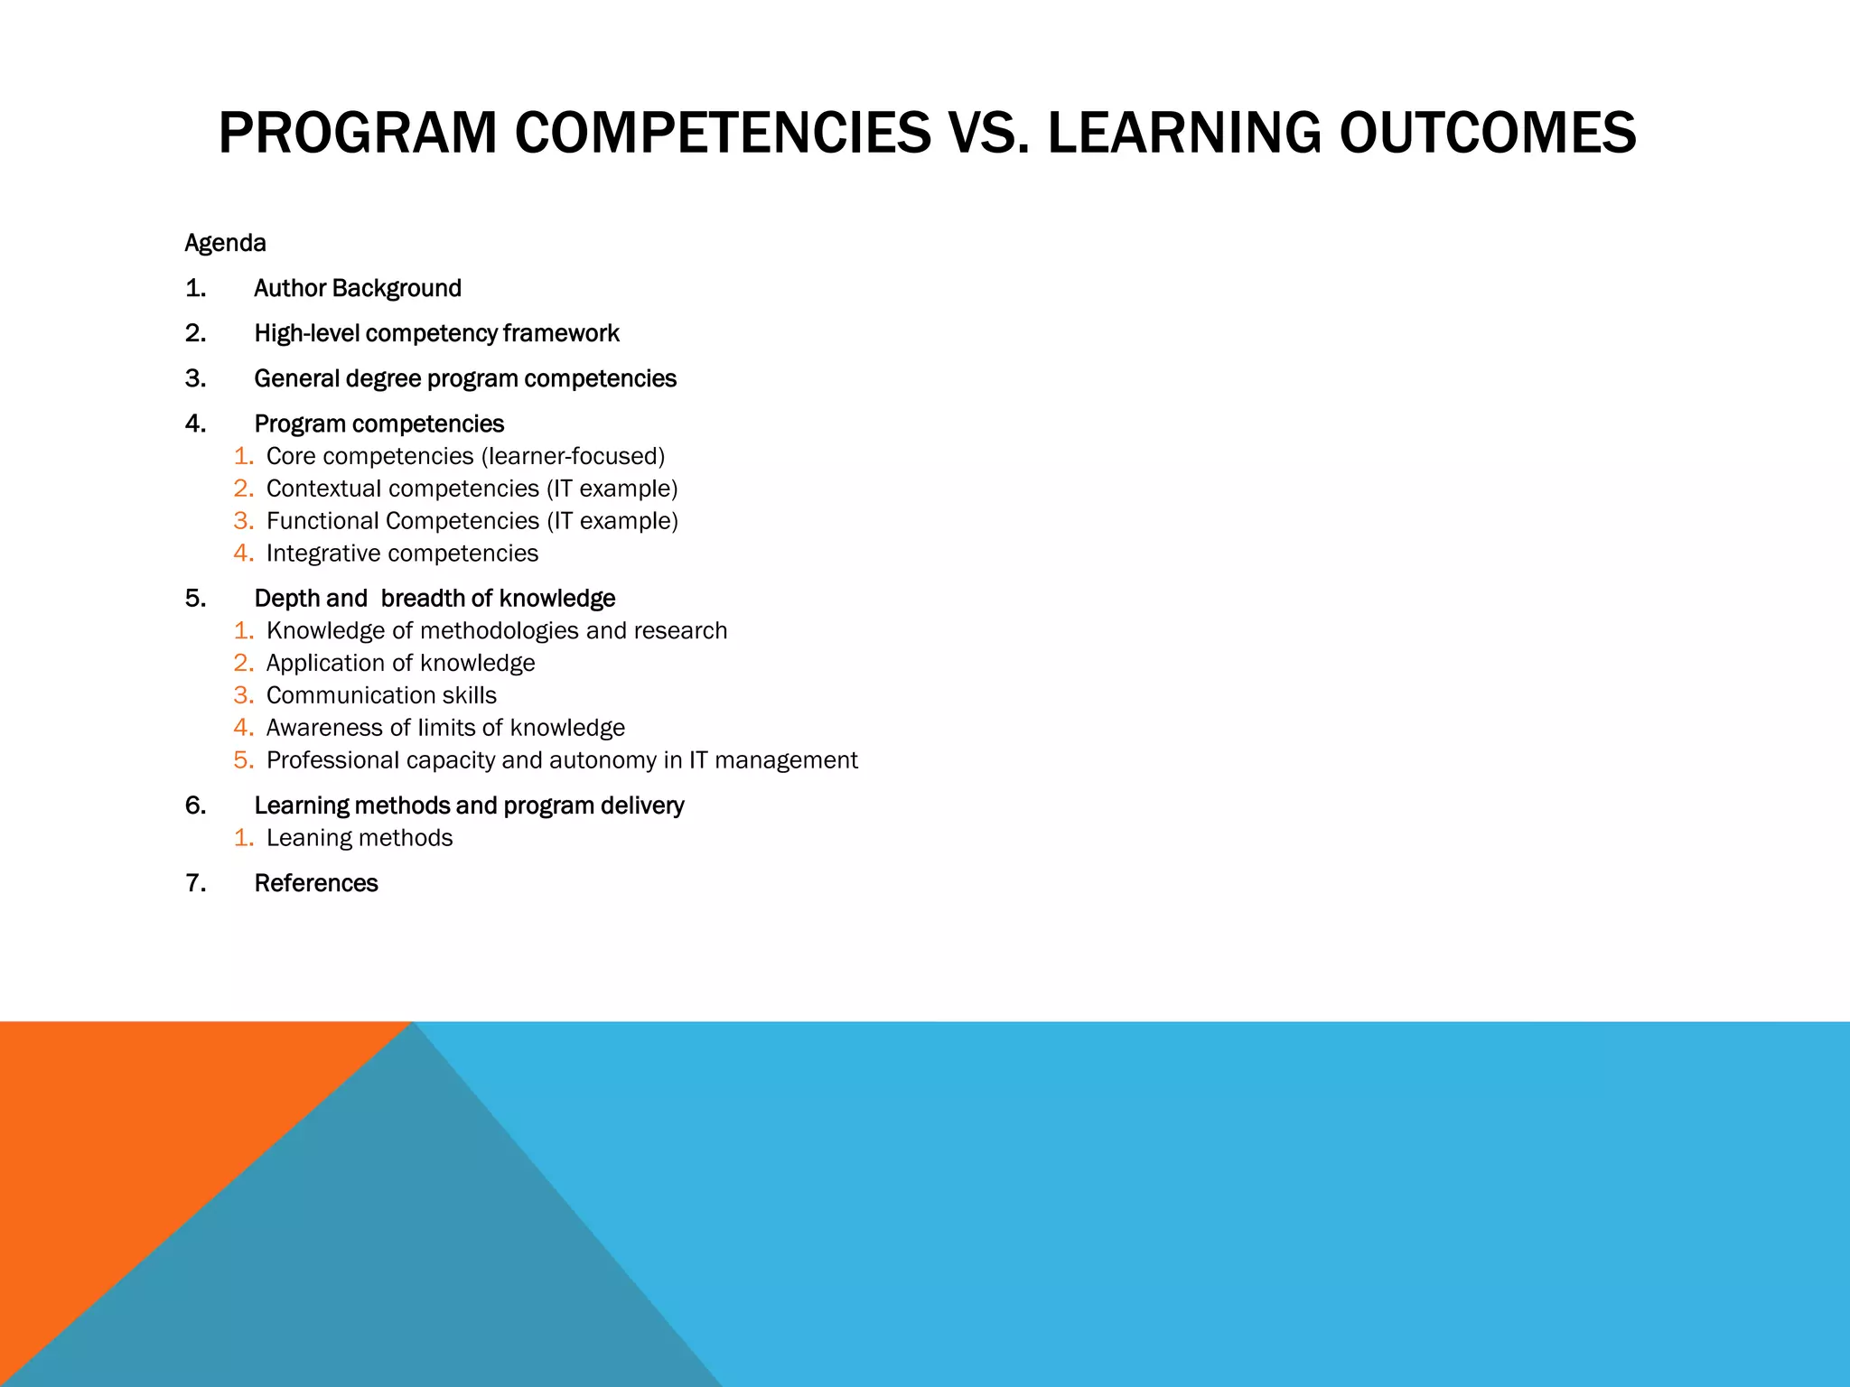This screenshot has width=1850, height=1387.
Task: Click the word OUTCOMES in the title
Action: click(x=1487, y=133)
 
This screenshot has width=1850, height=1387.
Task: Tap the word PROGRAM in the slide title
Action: click(x=358, y=133)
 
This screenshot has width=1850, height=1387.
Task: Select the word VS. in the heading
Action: click(x=988, y=133)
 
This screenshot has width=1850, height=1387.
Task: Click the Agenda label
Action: click(x=225, y=243)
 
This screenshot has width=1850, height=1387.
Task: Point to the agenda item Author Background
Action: click(x=358, y=288)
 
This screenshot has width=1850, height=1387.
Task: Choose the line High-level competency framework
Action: click(x=436, y=333)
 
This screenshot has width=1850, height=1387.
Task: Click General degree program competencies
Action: click(x=464, y=378)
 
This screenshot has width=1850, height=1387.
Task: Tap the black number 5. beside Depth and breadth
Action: click(x=195, y=598)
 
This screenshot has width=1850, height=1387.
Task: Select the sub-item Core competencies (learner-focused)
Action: click(x=465, y=456)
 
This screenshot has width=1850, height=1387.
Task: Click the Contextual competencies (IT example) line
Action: click(x=472, y=489)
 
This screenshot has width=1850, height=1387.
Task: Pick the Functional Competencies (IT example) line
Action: click(x=472, y=521)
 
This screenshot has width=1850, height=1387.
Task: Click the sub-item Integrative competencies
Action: click(x=402, y=554)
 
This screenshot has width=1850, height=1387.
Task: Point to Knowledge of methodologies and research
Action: click(x=496, y=630)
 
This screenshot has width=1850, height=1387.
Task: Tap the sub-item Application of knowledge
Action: click(x=400, y=663)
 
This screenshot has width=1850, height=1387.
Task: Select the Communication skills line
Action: click(x=381, y=695)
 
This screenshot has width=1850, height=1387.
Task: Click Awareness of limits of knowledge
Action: click(x=445, y=728)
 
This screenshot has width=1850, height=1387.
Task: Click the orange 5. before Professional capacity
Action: click(x=243, y=760)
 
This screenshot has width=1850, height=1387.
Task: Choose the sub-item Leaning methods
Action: click(x=360, y=838)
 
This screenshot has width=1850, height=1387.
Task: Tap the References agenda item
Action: click(x=315, y=883)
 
